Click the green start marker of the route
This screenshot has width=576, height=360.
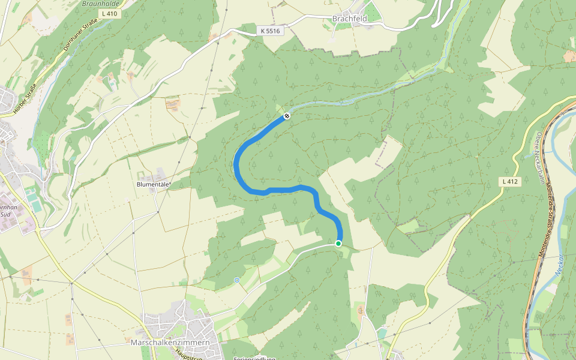(338, 243)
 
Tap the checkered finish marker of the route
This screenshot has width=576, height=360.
(287, 116)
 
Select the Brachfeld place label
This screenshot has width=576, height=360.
(349, 19)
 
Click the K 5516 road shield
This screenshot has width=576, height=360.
(270, 30)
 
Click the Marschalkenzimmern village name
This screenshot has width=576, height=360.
(170, 343)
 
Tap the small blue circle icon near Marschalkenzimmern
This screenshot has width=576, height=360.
(237, 280)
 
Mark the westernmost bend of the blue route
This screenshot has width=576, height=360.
(236, 164)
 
